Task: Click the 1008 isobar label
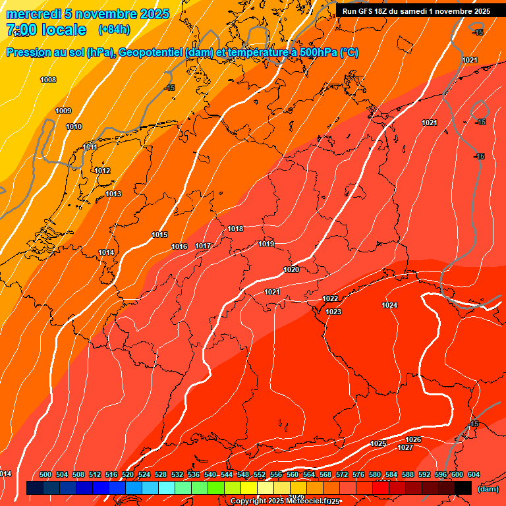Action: (x=48, y=80)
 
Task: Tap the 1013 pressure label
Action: (x=113, y=194)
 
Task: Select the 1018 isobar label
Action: (x=235, y=229)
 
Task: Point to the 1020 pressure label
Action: (x=291, y=269)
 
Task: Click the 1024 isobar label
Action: (x=389, y=305)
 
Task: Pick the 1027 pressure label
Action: (x=405, y=448)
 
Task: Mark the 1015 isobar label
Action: (x=159, y=235)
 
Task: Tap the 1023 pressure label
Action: (x=333, y=312)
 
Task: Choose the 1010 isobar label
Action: (x=74, y=126)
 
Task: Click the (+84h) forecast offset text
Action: (x=113, y=30)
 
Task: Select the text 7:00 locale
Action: (x=46, y=30)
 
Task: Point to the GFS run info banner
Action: (x=416, y=11)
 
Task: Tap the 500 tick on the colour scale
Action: (x=45, y=474)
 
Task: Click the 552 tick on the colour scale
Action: (x=260, y=474)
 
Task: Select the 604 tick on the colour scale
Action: (x=473, y=474)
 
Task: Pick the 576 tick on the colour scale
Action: (x=358, y=474)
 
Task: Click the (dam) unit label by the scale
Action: (x=488, y=489)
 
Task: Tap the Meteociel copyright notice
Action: (x=285, y=501)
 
